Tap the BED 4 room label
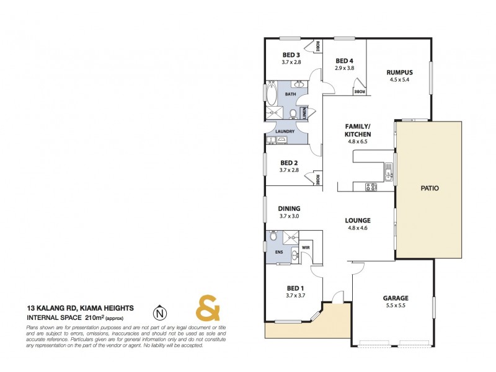(344, 61)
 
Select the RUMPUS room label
(400, 72)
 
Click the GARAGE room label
(396, 298)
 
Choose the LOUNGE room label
(358, 220)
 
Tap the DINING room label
(290, 208)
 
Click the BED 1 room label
(295, 288)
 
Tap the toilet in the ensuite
(273, 237)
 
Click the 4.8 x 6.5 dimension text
(358, 141)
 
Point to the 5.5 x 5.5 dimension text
(396, 306)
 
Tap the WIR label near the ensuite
(306, 248)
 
